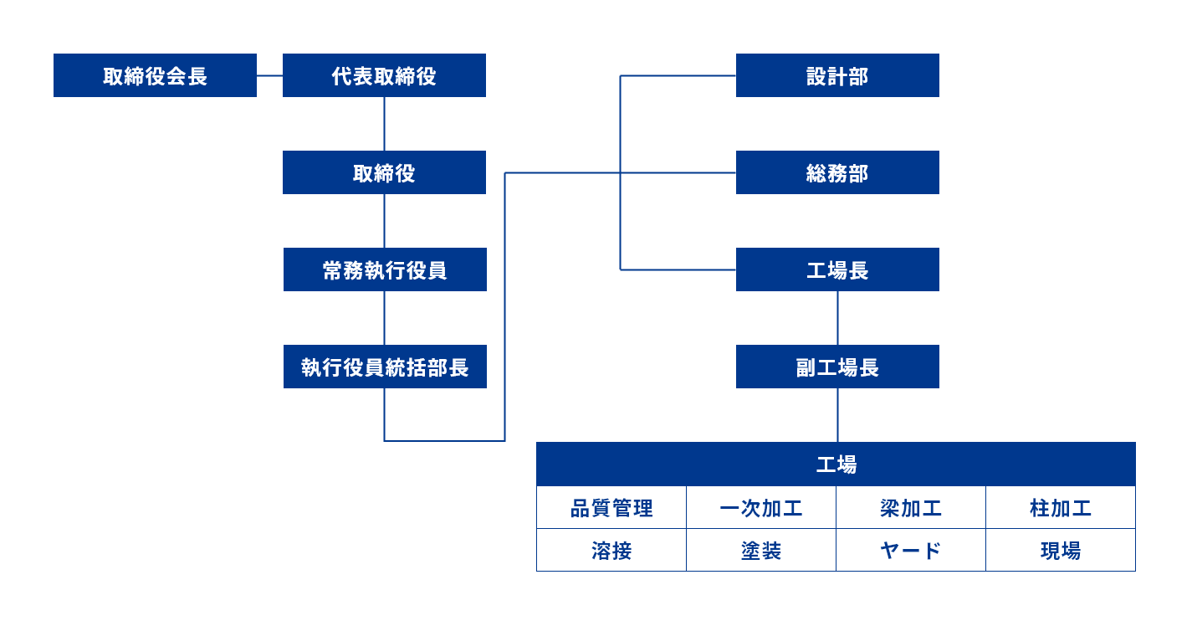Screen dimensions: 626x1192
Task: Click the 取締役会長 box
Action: coord(155,75)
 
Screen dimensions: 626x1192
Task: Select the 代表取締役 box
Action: coord(384,75)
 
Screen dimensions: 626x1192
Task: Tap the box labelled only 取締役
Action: coord(384,172)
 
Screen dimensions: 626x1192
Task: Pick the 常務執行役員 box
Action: coord(385,269)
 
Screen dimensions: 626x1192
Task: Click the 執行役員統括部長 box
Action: coord(385,367)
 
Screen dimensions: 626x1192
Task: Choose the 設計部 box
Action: coord(837,75)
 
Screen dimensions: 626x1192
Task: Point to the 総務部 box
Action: coord(837,172)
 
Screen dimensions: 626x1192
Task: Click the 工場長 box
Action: coord(837,269)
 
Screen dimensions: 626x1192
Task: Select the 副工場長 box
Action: coord(837,367)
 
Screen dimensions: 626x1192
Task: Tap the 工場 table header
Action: coord(836,464)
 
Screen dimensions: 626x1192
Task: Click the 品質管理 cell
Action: coord(611,508)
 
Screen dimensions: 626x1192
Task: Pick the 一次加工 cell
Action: coord(761,508)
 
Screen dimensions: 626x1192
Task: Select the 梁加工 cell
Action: coord(911,508)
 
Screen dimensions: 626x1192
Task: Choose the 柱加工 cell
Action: coord(1061,508)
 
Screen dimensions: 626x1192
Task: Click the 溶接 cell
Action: coord(611,551)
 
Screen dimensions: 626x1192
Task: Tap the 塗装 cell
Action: coord(761,551)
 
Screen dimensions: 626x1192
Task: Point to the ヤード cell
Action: coord(911,551)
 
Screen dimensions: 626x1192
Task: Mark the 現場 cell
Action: coord(1061,551)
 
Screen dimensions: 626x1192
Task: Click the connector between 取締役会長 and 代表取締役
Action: coord(269,75)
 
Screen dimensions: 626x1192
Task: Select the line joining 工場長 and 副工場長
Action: coord(837,318)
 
